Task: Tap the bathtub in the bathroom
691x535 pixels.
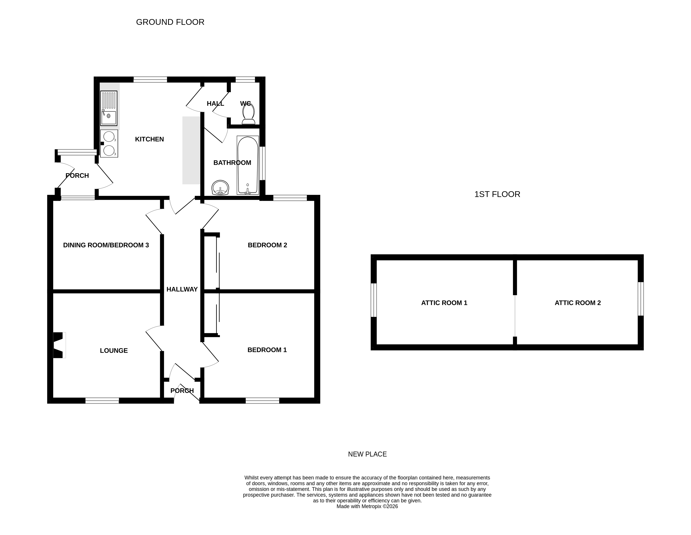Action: pos(248,165)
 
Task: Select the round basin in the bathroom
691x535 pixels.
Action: pos(220,188)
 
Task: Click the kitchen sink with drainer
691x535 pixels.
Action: pos(108,108)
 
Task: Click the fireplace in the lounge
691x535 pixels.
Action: pos(59,345)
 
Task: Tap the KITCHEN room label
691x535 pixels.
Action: pos(149,139)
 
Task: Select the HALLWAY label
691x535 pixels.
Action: pos(182,289)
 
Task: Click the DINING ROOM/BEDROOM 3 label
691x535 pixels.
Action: pos(106,245)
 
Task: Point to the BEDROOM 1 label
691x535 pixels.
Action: pos(267,350)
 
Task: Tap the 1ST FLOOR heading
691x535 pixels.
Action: pos(497,194)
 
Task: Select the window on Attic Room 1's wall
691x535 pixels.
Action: pos(374,300)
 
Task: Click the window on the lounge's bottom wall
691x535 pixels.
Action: pos(102,401)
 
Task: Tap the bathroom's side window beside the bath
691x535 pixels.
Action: pos(262,163)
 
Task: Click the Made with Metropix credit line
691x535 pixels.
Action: pos(367,506)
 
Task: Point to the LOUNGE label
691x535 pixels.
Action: pos(114,350)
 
